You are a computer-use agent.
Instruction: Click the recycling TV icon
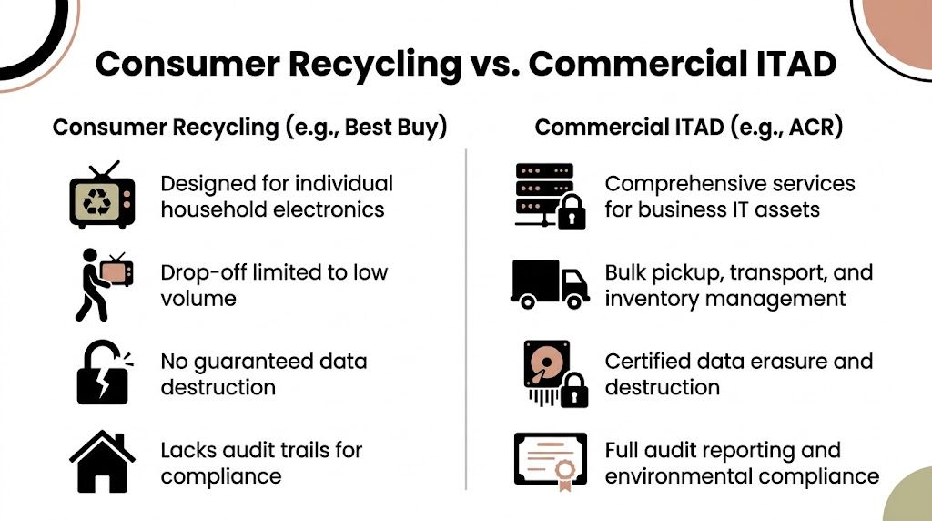(102, 195)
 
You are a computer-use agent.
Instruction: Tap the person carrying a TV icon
(103, 284)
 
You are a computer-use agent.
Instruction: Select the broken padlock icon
(103, 373)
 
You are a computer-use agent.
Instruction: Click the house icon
(102, 462)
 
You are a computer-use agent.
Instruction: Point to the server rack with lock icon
(548, 195)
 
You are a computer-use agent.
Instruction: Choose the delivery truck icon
(549, 283)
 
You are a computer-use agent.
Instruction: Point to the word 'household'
(214, 209)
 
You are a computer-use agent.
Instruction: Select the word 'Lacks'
(189, 450)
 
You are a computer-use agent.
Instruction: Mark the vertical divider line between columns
(466, 319)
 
